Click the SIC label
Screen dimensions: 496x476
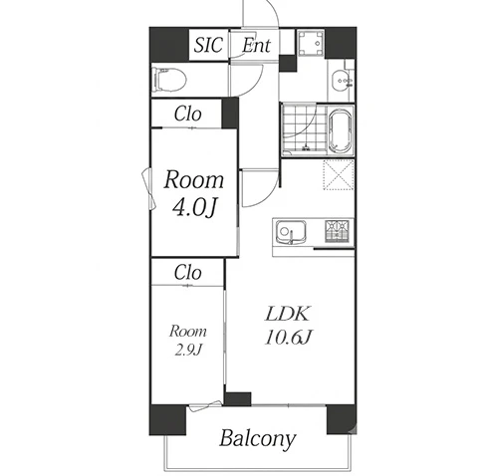(x=208, y=45)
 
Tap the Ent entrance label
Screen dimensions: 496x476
(x=256, y=45)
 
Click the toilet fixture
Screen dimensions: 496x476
(x=169, y=80)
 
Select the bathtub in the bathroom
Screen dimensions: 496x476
(x=340, y=130)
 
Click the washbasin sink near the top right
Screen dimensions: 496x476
(x=341, y=81)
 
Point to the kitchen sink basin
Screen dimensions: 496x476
(x=291, y=232)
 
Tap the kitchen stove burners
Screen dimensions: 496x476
(x=337, y=231)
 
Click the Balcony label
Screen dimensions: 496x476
(x=257, y=439)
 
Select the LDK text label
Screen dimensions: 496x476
(x=288, y=314)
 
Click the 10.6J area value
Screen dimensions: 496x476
(x=288, y=338)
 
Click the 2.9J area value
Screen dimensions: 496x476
(x=188, y=350)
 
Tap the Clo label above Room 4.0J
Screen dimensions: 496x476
(x=187, y=114)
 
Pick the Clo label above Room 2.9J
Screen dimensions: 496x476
(x=187, y=273)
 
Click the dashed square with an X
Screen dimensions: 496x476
(x=339, y=175)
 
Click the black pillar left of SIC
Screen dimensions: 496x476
(x=169, y=45)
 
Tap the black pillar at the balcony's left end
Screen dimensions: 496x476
(x=167, y=419)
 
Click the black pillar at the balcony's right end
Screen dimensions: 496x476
(x=342, y=419)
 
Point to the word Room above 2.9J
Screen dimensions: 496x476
(x=188, y=332)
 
